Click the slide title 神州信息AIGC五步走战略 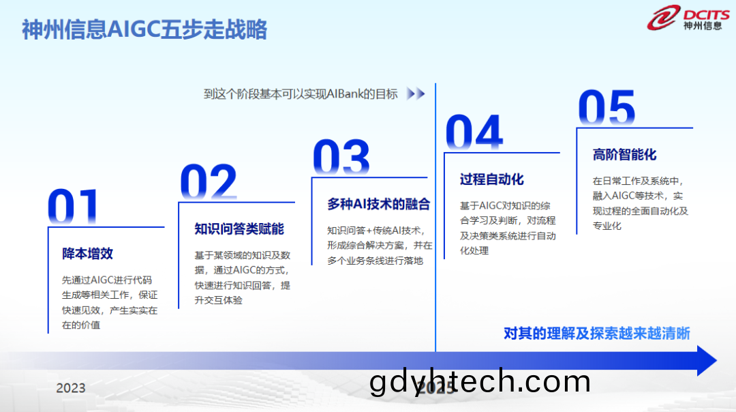point(144,29)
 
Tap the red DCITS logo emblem point(663,18)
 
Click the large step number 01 point(73,206)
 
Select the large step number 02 point(209,181)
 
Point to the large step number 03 point(341,156)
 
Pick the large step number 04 point(474,132)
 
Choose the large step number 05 point(607,107)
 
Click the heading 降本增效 point(87,254)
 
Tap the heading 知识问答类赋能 point(239,229)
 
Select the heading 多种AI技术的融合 point(378,204)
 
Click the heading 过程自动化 point(491,179)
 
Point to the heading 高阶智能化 point(624,155)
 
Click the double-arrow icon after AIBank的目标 point(416,93)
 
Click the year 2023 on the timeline point(71,388)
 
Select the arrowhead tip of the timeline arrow point(717,360)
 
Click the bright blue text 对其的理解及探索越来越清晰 point(596,334)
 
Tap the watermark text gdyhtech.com point(480,381)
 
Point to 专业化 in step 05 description point(607,226)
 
